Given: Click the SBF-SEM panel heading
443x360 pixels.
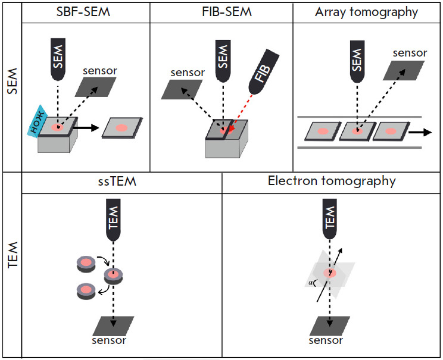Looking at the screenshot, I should click(x=85, y=11).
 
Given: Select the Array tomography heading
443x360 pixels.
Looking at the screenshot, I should click(x=367, y=11).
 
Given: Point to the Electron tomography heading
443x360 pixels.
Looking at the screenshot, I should click(x=331, y=181).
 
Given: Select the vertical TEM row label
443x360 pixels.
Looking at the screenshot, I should click(x=11, y=265).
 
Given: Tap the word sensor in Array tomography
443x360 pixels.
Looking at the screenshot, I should click(x=410, y=52).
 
